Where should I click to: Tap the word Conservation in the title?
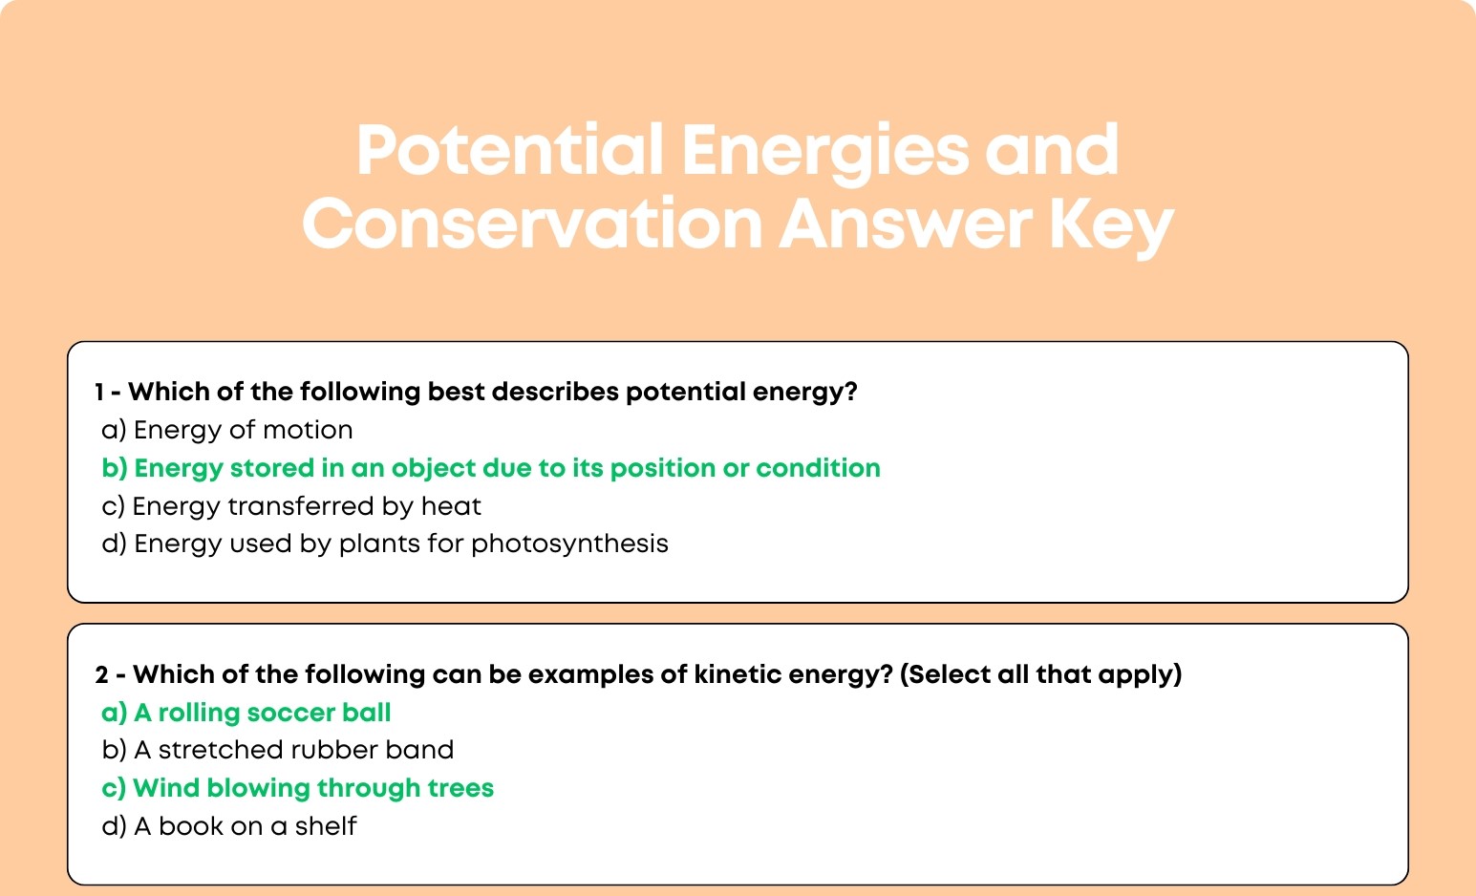coord(532,224)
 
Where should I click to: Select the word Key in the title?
coord(1111,226)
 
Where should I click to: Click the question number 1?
coord(99,392)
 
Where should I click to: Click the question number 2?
coord(101,674)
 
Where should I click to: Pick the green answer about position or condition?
coord(491,468)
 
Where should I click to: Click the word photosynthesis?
coord(570,544)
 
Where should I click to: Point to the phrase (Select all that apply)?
coord(1040,674)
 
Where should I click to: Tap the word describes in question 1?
coord(555,392)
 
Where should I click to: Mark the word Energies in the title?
coord(825,153)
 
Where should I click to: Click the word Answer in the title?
coord(906,224)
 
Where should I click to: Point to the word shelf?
coord(326,826)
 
